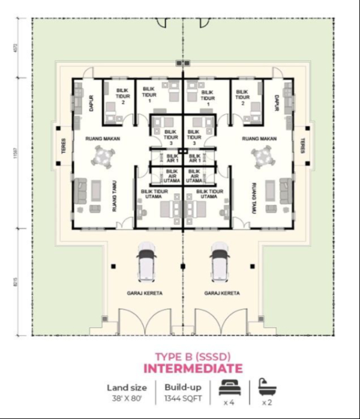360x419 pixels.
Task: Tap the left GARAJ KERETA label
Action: coord(146,294)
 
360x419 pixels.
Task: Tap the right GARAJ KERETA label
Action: coord(222,294)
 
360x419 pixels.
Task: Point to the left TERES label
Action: coord(64,147)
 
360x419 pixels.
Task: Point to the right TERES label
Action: coord(302,147)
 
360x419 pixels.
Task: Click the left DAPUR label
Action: coord(86,101)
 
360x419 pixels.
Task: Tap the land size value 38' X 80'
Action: coord(127,398)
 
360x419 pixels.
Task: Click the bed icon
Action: coord(229,386)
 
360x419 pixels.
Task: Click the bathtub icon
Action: coord(265,385)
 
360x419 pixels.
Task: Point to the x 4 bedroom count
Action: coord(229,402)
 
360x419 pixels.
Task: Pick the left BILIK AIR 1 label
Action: coord(172,158)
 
